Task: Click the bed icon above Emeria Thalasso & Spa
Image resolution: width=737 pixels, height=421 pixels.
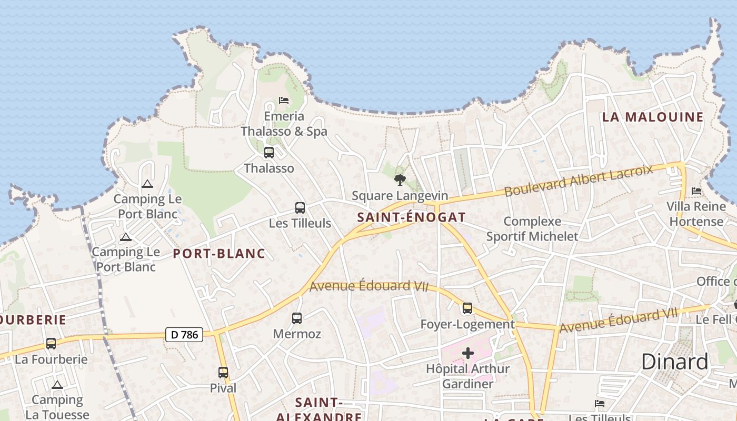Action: pyautogui.click(x=284, y=100)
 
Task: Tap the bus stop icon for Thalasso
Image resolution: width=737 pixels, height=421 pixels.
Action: pyautogui.click(x=269, y=153)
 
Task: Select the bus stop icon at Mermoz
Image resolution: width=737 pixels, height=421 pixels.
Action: pyautogui.click(x=297, y=318)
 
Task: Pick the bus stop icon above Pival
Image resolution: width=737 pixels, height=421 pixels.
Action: pyautogui.click(x=223, y=373)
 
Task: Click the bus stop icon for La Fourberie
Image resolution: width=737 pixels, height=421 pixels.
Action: pyautogui.click(x=51, y=344)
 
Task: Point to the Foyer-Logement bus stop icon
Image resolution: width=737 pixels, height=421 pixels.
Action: pyautogui.click(x=467, y=308)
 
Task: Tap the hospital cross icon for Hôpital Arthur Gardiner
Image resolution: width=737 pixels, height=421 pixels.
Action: pyautogui.click(x=467, y=353)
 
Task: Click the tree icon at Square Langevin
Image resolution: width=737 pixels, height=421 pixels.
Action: pyautogui.click(x=400, y=180)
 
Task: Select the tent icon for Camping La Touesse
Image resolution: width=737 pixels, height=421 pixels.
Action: pyautogui.click(x=57, y=385)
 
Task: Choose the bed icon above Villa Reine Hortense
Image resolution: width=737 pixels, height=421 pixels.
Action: pyautogui.click(x=696, y=191)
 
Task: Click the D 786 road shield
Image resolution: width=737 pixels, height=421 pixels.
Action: pyautogui.click(x=184, y=334)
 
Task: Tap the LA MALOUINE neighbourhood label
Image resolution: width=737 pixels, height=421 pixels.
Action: pyautogui.click(x=653, y=117)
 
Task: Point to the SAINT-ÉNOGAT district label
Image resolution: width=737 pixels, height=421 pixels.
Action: pyautogui.click(x=411, y=217)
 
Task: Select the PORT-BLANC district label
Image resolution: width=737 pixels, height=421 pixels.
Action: pyautogui.click(x=219, y=254)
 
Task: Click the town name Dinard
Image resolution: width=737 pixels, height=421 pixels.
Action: pyautogui.click(x=675, y=362)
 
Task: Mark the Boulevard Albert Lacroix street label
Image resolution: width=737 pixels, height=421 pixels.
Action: pyautogui.click(x=579, y=180)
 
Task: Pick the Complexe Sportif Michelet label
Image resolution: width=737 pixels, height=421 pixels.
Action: pyautogui.click(x=532, y=229)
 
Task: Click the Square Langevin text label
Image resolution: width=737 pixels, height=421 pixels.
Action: pyautogui.click(x=400, y=196)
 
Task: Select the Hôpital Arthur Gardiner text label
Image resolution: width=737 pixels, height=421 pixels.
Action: pyautogui.click(x=467, y=376)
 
